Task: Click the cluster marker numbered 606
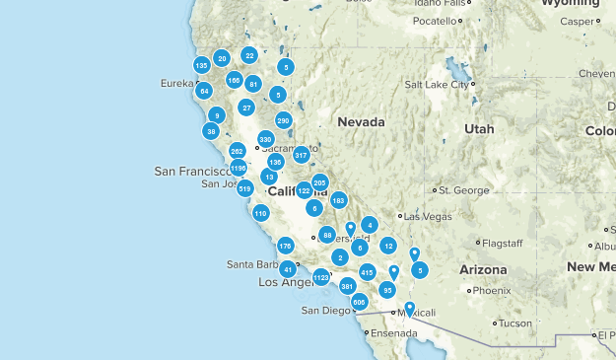(359, 302)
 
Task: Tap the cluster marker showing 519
(245, 188)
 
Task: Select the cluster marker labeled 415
(367, 272)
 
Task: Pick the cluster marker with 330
(265, 139)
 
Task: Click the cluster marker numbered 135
(201, 65)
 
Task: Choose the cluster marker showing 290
(284, 121)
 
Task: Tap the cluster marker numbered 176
(286, 246)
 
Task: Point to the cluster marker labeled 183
(339, 200)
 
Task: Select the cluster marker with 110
(260, 213)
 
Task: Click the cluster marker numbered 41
(288, 268)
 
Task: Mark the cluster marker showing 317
(302, 155)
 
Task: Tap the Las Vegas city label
(426, 216)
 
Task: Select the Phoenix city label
(491, 291)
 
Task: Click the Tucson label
(514, 323)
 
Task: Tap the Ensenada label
(393, 332)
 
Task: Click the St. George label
(457, 189)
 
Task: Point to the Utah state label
(479, 129)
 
